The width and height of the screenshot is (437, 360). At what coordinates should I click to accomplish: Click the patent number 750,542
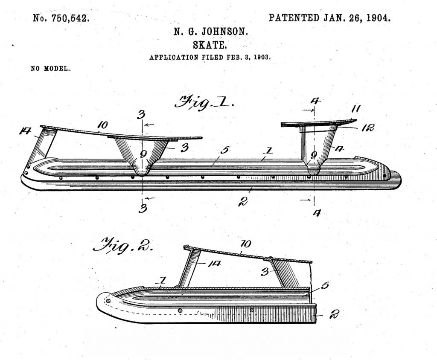pyautogui.click(x=70, y=18)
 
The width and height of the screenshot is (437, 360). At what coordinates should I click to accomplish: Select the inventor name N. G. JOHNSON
pyautogui.click(x=211, y=32)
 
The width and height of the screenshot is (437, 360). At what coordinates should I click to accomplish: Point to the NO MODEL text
pyautogui.click(x=50, y=69)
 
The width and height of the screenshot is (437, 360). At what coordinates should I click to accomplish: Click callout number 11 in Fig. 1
pyautogui.click(x=355, y=108)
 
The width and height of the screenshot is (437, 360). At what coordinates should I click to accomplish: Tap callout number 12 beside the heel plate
pyautogui.click(x=367, y=128)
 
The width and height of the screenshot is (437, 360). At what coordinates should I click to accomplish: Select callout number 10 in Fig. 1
pyautogui.click(x=102, y=125)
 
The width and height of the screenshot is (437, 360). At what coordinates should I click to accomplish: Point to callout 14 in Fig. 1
pyautogui.click(x=25, y=131)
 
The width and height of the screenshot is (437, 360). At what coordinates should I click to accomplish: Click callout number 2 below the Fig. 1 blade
pyautogui.click(x=243, y=201)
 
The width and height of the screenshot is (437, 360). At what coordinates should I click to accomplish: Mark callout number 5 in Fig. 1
pyautogui.click(x=224, y=150)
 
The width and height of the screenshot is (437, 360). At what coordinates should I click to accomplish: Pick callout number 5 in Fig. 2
pyautogui.click(x=325, y=286)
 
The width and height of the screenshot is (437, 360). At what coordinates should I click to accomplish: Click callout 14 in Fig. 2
pyautogui.click(x=213, y=263)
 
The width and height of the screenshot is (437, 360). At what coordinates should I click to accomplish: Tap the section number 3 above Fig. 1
pyautogui.click(x=141, y=114)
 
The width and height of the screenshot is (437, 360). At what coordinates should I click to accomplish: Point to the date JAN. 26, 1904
pyautogui.click(x=357, y=18)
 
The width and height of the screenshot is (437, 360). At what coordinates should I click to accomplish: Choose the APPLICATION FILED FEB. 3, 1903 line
pyautogui.click(x=210, y=57)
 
